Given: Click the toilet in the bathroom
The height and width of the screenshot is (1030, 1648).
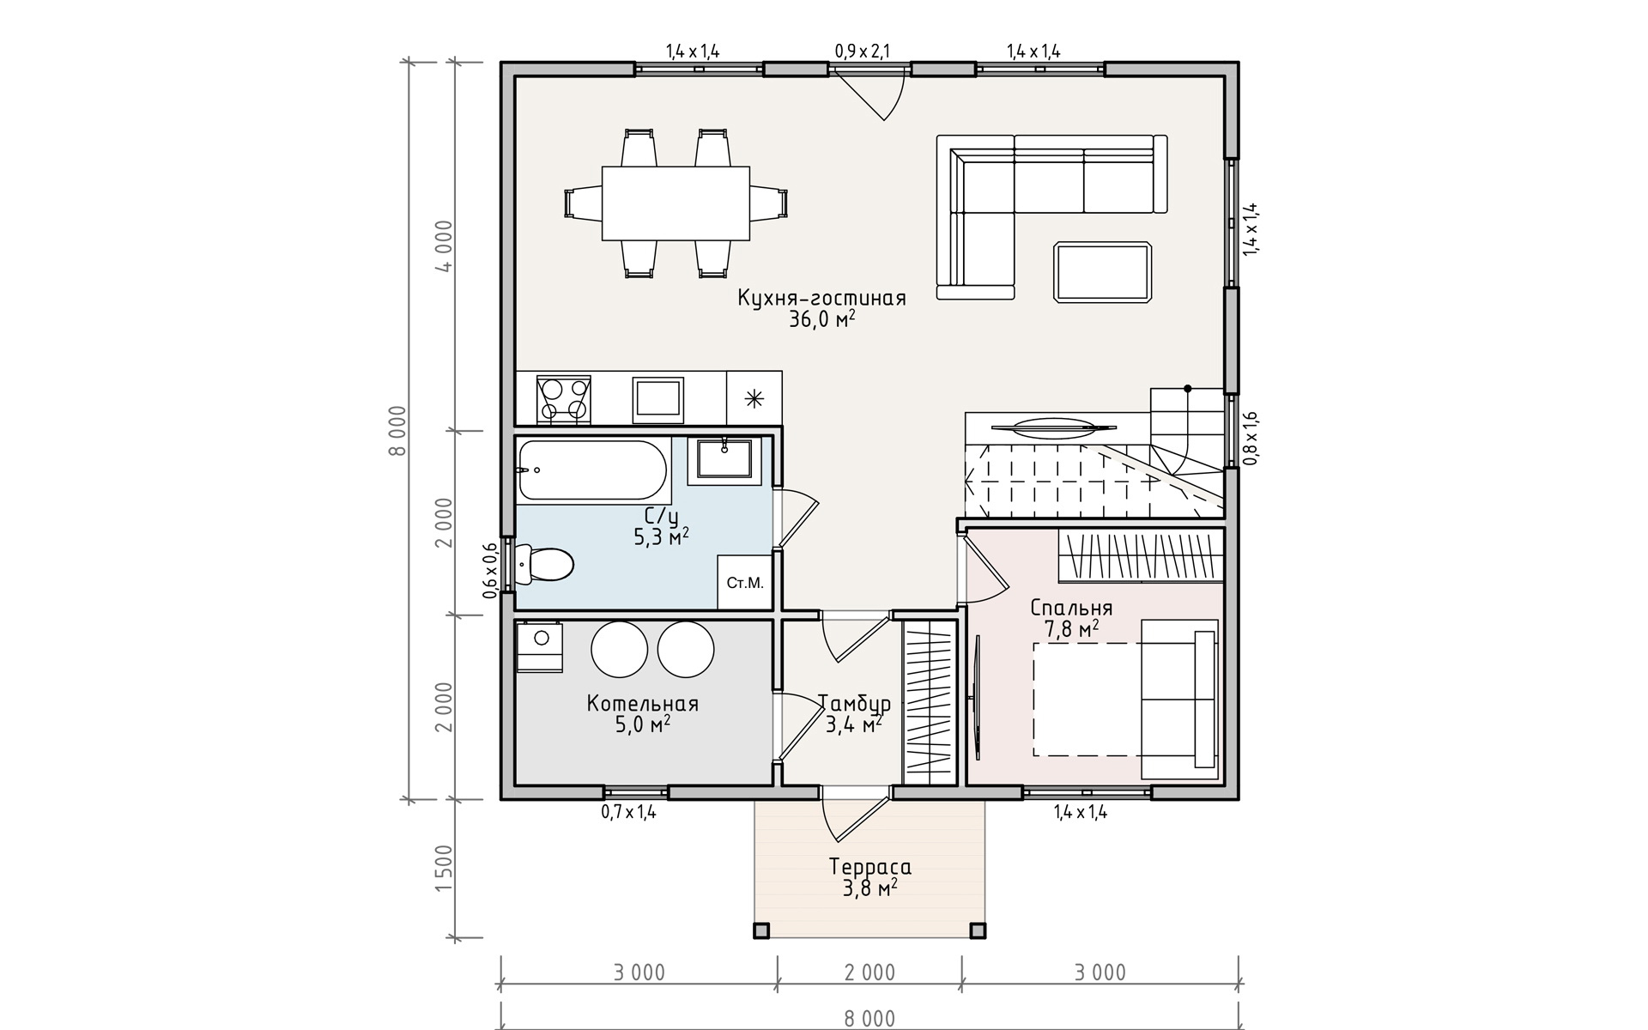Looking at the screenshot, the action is (x=544, y=564).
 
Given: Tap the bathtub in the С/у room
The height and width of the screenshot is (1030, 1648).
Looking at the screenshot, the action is (x=592, y=470).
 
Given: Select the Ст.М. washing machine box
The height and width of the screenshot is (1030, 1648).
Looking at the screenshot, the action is (x=744, y=583).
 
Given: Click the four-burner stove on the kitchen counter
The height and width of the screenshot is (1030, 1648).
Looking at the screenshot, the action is (x=563, y=398).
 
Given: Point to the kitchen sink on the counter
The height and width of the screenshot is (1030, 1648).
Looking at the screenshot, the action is (x=658, y=400).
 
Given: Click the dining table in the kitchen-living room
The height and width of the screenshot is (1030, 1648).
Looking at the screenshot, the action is (x=676, y=203).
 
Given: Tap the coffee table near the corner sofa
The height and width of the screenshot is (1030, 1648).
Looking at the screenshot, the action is (x=1103, y=271).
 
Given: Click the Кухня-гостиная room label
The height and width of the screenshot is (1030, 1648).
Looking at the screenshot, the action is (x=821, y=299).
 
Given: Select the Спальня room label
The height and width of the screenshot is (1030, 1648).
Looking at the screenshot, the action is (x=1071, y=609).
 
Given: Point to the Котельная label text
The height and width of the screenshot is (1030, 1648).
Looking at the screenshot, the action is (x=643, y=704).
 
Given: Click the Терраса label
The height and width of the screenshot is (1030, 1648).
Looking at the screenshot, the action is (x=870, y=867).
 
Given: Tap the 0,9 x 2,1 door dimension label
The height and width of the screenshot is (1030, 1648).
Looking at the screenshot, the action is (x=863, y=51).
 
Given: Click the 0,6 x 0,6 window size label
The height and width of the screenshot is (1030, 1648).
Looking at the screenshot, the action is (x=490, y=571).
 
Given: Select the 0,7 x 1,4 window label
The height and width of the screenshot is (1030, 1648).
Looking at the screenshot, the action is (x=629, y=812).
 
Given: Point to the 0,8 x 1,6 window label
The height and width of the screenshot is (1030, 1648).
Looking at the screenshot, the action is (x=1251, y=438).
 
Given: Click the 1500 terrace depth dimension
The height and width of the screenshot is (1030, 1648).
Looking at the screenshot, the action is (x=444, y=869).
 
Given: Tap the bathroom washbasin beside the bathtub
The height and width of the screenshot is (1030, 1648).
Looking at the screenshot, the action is (x=725, y=458).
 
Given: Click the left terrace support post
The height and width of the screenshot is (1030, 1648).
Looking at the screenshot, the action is (x=761, y=930).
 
